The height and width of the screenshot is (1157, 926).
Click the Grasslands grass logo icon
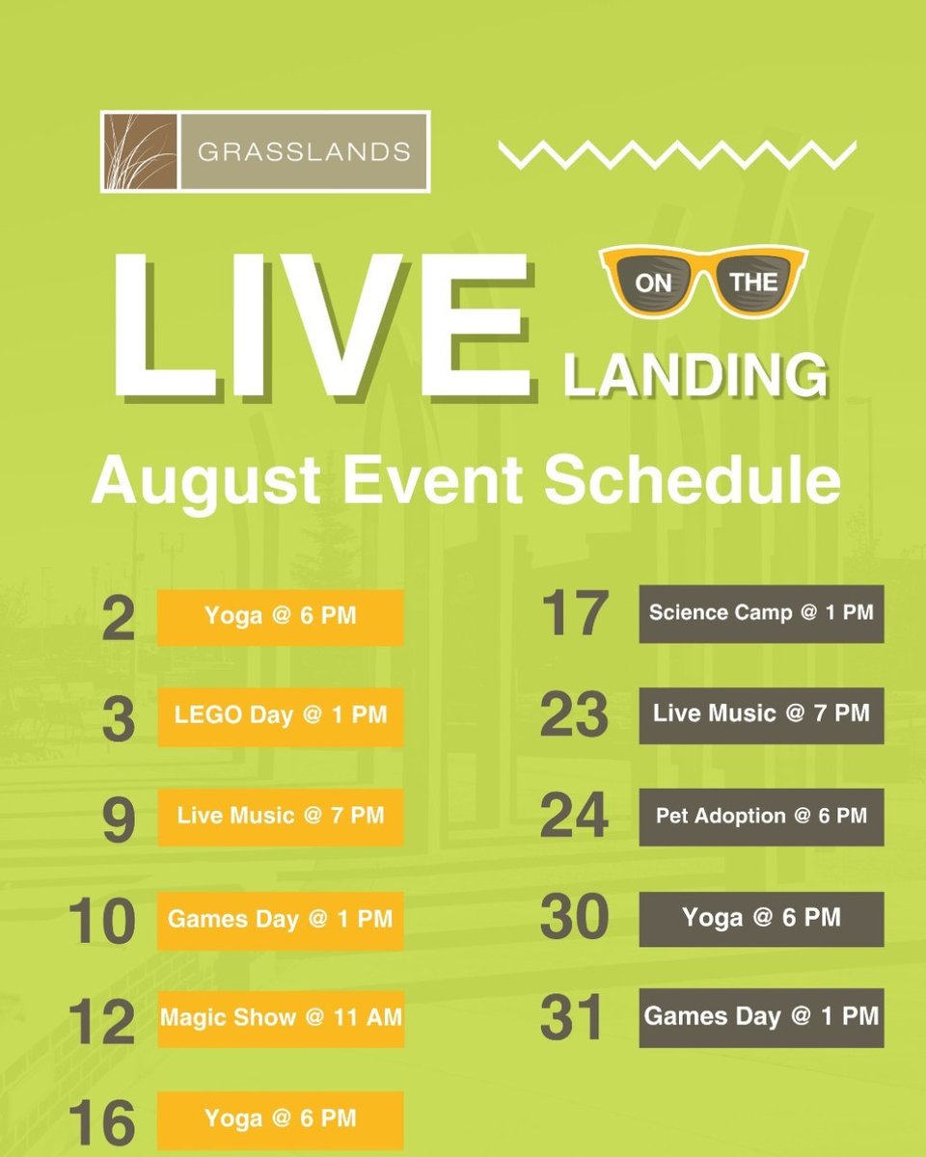[x=139, y=151]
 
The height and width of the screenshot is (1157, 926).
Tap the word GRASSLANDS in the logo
[x=303, y=151]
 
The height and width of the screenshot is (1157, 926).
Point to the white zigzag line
[x=677, y=153]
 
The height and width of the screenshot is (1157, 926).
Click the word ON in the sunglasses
[x=651, y=284]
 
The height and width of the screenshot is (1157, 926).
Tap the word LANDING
[x=695, y=375]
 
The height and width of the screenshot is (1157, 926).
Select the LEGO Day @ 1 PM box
[x=281, y=716]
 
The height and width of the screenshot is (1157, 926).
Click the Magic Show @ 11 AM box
[x=281, y=1016]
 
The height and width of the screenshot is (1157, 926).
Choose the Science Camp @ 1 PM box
[x=761, y=613]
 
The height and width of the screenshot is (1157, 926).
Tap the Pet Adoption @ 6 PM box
[x=761, y=817]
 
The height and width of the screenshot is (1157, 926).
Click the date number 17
[x=575, y=614]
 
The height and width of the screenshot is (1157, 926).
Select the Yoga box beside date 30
[x=761, y=918]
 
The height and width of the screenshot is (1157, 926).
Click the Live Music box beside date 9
[x=281, y=817]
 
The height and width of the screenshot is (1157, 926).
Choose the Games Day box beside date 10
[x=281, y=920]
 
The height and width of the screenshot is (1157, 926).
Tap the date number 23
[x=575, y=716]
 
